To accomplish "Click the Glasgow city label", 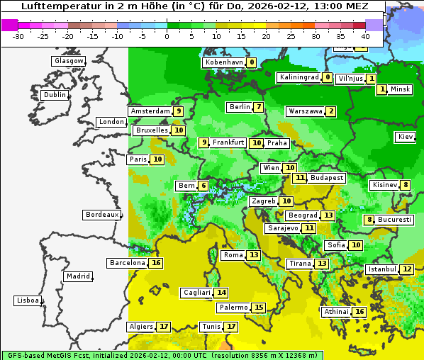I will coord(69,61).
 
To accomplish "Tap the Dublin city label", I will coord(55,95).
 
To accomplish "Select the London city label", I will coord(111,122).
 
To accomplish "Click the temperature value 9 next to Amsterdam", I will coord(179,111).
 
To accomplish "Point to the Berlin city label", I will coord(240,107).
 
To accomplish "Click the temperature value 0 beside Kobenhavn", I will coord(252,62).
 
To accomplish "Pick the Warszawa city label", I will coord(306,111).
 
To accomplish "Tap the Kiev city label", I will coord(406,137).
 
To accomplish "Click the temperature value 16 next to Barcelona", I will coord(156,263).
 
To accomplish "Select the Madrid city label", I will coord(77,276).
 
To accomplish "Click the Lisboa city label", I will coord(28,300).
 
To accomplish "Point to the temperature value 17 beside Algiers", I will coord(164,327).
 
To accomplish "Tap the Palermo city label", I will coord(233,308).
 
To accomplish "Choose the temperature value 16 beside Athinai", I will coord(359,312).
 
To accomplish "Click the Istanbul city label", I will coord(382,269).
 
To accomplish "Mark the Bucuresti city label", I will coord(395,220).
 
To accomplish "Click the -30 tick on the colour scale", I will coord(18,35).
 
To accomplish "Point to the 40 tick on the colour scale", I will coord(366,35).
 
